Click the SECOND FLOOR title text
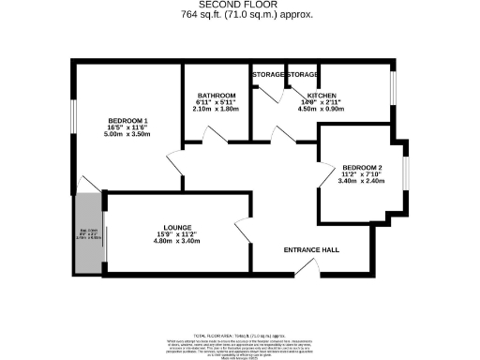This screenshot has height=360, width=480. pos(243,5)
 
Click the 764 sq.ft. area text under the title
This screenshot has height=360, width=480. pos(243,15)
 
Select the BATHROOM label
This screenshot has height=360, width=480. pos(215,96)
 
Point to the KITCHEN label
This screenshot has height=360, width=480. pos(322,96)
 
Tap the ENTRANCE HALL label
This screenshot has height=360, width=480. pos(311,250)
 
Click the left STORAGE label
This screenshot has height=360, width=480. pos(267,74)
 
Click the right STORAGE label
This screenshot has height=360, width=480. pos(302,74)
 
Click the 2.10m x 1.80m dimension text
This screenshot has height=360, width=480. pos(215,109)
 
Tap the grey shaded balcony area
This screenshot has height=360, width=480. pos(88,234)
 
